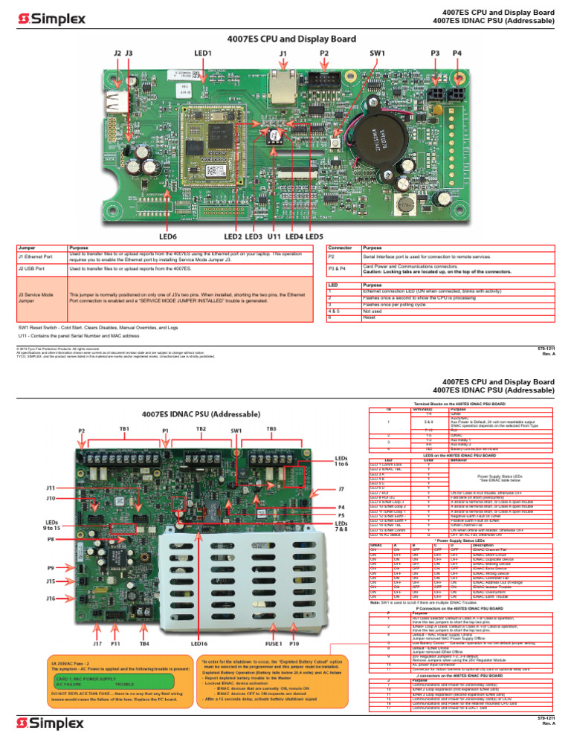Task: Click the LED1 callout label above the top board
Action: (x=203, y=54)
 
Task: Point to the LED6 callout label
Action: (x=167, y=236)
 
